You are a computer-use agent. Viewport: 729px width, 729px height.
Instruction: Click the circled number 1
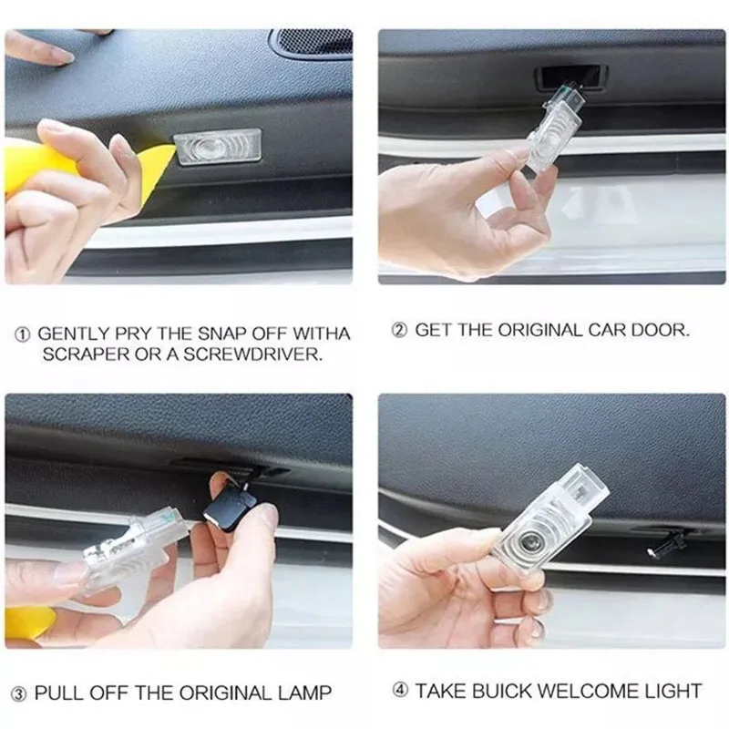pos(22,334)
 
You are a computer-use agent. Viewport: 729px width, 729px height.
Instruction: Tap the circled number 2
pos(399,331)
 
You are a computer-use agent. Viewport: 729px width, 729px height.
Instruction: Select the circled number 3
pos(18,695)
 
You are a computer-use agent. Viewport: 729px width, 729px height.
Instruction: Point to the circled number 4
pos(400,691)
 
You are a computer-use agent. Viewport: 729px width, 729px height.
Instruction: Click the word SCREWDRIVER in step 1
pos(252,354)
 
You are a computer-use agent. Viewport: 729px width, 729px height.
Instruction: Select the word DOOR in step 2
pos(660,330)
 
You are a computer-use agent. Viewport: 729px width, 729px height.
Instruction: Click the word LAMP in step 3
pos(304,693)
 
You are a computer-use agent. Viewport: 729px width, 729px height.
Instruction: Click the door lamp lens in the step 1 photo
pos(217,147)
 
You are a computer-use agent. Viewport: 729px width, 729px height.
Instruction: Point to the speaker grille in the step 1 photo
pos(313,43)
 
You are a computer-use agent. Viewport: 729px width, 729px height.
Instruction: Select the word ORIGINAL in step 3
pos(226,693)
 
